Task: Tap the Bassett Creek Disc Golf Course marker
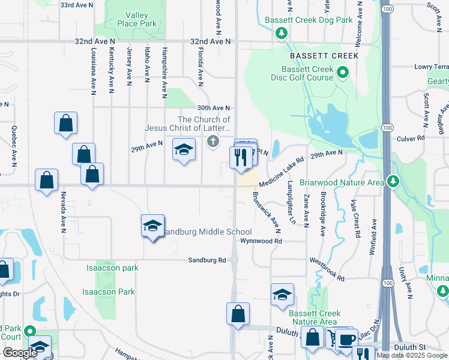pos(343,74)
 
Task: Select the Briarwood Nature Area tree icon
pos(393,181)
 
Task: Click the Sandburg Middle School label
pos(207,232)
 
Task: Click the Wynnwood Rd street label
pos(261,241)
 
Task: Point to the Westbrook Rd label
pos(327,269)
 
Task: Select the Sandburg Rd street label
pos(206,260)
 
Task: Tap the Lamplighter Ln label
pos(292,203)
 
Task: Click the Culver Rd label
pos(411,138)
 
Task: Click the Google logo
pos(20,353)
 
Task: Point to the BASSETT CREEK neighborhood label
pos(324,56)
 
